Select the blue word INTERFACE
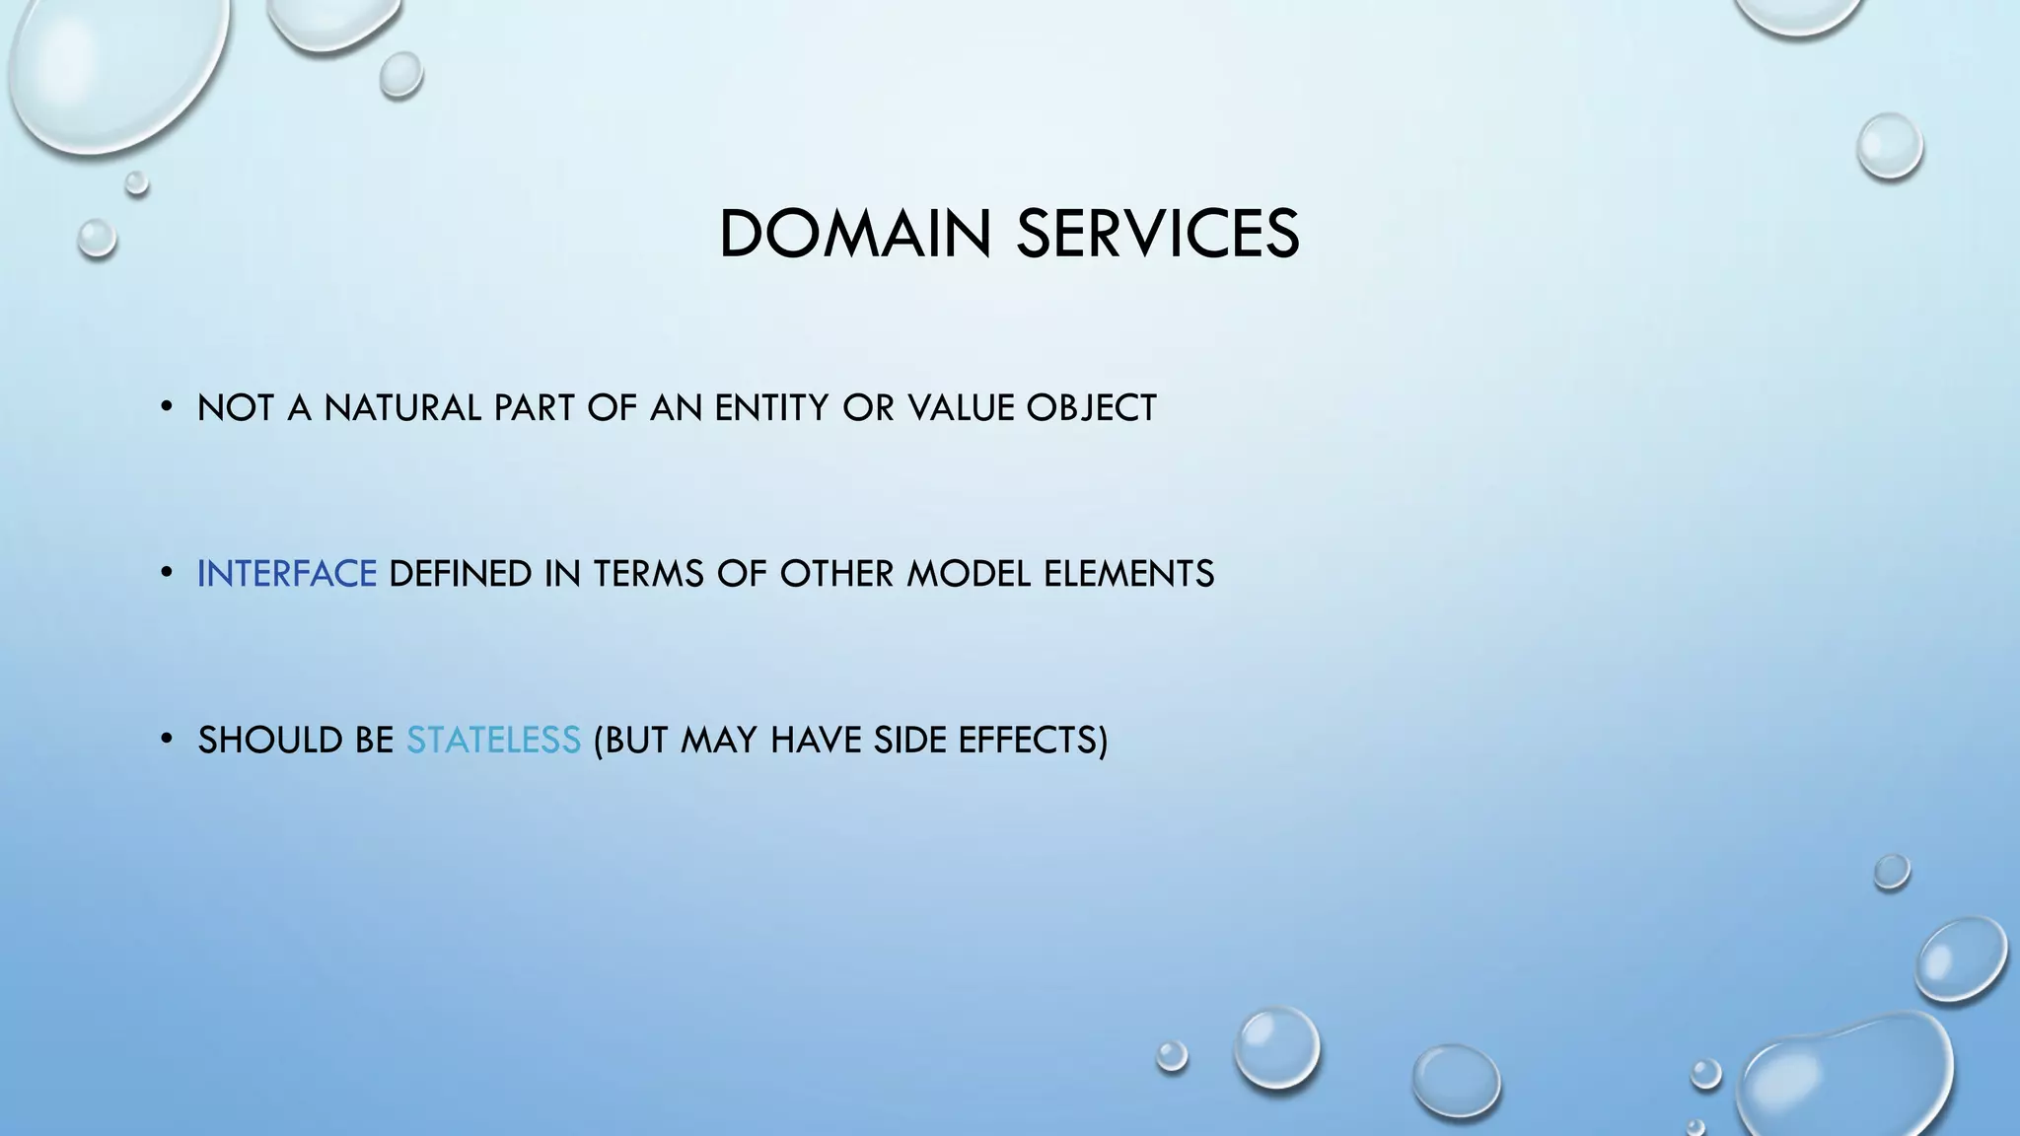coord(286,574)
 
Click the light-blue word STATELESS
coord(493,741)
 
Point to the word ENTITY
coord(771,408)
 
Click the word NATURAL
coord(402,408)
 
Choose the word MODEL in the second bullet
coord(969,574)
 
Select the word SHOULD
coord(261,741)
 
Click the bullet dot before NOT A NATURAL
coord(167,406)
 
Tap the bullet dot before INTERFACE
coord(167,572)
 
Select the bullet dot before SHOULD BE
coord(167,739)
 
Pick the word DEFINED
coord(461,574)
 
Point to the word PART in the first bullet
coord(535,408)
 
